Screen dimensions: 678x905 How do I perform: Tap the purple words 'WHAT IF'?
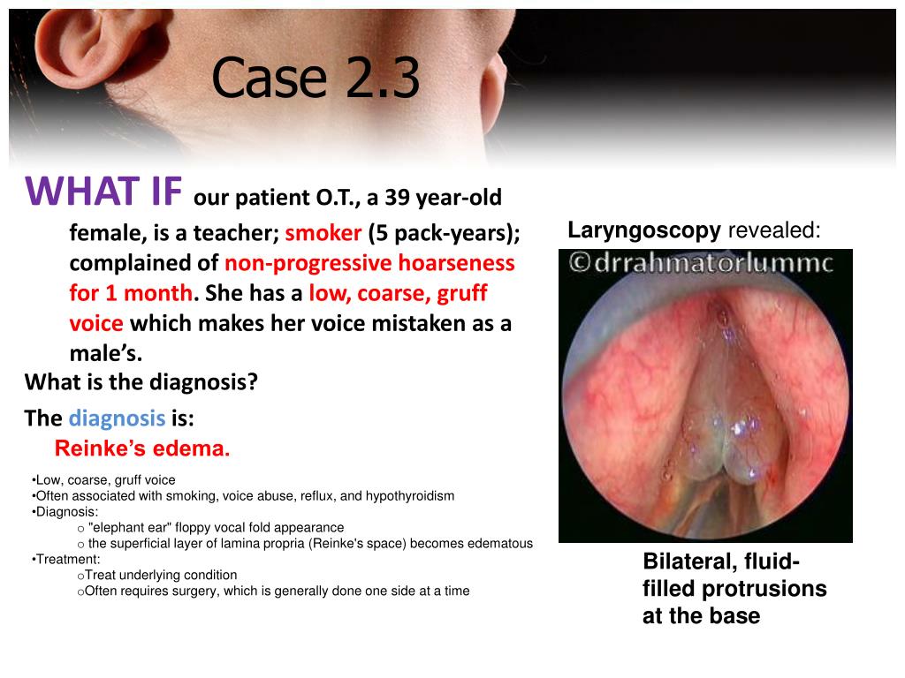(x=104, y=191)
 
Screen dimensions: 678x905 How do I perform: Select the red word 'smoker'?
(x=323, y=233)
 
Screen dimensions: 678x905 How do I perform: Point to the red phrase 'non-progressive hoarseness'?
(x=369, y=263)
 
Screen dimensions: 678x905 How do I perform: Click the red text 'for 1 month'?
(x=131, y=293)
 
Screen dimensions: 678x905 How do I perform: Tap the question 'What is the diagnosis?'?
(x=141, y=382)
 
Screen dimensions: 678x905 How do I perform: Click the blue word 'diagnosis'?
(x=117, y=418)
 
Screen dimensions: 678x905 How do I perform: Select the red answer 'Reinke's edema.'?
(x=142, y=448)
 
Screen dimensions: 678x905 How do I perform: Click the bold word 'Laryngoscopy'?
(x=643, y=230)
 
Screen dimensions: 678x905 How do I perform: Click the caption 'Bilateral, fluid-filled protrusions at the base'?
(x=734, y=589)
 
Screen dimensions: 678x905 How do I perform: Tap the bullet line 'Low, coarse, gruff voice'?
(x=104, y=480)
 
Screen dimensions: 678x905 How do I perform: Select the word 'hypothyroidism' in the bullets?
(x=410, y=496)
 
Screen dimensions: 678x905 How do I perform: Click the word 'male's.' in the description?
(x=106, y=353)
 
